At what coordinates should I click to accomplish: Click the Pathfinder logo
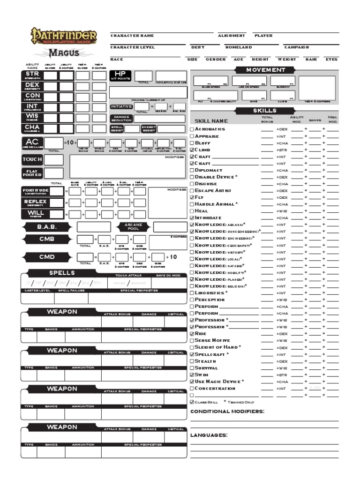click(64, 37)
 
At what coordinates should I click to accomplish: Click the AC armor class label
click(32, 142)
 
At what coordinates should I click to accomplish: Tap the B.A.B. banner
click(47, 227)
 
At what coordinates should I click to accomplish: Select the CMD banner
click(47, 257)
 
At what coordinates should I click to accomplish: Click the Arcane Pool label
click(133, 227)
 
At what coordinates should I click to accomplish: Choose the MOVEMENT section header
click(266, 70)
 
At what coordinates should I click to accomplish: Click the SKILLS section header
click(266, 111)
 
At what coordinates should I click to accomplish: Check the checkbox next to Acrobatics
click(192, 129)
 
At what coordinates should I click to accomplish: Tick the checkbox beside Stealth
click(192, 361)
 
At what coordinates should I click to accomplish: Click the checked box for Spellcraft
click(192, 354)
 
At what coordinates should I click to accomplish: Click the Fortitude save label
click(36, 191)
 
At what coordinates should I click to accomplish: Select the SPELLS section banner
click(62, 273)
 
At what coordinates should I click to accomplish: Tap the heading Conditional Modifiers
click(227, 411)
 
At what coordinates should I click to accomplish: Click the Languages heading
click(209, 435)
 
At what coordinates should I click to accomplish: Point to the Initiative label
click(121, 106)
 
